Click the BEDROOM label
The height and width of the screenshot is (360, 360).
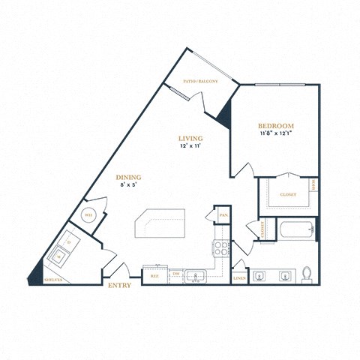275,126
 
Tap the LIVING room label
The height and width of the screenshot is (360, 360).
191,139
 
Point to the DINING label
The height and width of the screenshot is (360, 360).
129,178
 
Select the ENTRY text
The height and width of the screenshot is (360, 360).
120,285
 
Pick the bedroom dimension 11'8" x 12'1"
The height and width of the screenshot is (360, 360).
275,135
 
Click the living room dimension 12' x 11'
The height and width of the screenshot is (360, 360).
191,148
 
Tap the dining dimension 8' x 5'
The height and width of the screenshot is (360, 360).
129,187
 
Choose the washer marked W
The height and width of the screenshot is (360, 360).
58,256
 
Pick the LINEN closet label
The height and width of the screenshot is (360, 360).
239,277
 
